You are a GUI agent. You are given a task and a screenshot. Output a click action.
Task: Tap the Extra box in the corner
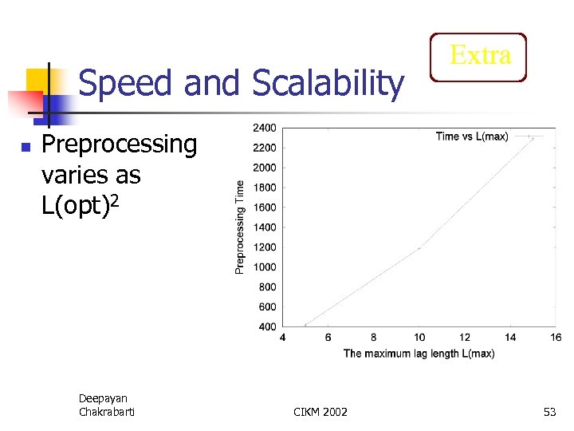478,57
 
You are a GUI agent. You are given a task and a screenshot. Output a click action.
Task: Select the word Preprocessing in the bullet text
119,145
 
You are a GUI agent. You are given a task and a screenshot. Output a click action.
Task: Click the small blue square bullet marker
26,148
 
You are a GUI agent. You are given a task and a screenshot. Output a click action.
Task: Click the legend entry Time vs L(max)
472,136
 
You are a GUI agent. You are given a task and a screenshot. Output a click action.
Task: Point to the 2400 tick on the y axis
265,128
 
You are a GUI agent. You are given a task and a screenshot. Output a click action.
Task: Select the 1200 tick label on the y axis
265,247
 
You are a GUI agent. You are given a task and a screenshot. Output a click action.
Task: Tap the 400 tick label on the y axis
267,326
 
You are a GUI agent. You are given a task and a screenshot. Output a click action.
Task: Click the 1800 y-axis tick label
265,188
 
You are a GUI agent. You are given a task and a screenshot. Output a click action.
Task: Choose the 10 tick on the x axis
419,338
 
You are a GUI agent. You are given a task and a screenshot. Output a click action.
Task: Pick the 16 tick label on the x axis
556,338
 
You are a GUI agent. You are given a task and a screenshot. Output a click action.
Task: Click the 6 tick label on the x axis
328,338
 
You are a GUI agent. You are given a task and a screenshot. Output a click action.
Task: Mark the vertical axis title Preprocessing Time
240,227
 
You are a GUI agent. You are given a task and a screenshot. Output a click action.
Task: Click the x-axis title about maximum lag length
419,354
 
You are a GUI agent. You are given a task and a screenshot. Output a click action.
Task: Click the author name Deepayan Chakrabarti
106,405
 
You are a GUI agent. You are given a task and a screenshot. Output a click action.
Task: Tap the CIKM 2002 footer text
320,412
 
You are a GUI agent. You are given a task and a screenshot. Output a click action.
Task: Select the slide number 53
549,412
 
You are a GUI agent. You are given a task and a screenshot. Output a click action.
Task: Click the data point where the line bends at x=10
419,247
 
